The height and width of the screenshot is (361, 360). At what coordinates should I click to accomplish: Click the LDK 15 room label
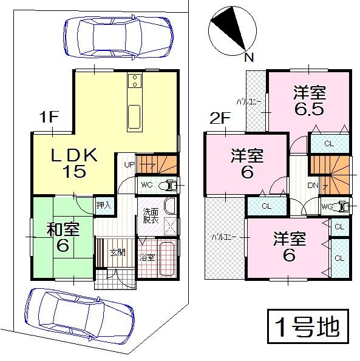(x=73, y=163)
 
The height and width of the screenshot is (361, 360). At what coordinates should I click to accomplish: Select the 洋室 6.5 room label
(x=309, y=101)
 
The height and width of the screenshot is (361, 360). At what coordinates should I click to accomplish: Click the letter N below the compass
(x=247, y=58)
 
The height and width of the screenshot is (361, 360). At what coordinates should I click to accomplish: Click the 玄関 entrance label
(x=117, y=252)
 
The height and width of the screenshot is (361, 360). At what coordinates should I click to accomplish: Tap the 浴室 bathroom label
(x=148, y=257)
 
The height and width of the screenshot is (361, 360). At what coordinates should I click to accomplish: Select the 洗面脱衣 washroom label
(x=151, y=217)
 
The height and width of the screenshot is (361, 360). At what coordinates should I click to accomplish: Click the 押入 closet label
(x=104, y=206)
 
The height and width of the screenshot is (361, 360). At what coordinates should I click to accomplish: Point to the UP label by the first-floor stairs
(x=129, y=164)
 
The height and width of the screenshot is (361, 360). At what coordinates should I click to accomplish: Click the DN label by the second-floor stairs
(x=314, y=185)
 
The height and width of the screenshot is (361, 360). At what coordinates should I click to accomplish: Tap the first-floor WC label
(x=146, y=184)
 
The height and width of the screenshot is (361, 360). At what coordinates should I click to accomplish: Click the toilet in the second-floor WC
(x=344, y=207)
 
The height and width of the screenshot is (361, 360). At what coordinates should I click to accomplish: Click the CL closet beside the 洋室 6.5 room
(x=328, y=144)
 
